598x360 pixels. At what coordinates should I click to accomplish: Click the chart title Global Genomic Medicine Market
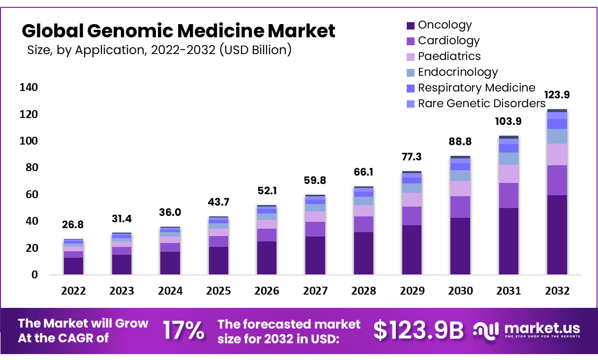click(179, 31)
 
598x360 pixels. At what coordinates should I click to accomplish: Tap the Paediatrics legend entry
click(449, 56)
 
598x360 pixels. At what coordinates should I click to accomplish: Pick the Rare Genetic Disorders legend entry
click(481, 103)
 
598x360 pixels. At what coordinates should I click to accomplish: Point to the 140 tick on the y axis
click(29, 88)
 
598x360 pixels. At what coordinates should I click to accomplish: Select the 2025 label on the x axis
click(218, 291)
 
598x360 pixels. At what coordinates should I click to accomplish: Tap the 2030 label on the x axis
click(460, 291)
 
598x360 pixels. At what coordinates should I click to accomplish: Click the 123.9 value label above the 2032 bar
click(556, 95)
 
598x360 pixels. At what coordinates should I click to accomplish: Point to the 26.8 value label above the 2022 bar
click(73, 224)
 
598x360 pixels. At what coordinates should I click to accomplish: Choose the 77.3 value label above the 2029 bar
click(412, 157)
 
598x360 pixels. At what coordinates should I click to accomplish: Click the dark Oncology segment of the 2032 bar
click(557, 235)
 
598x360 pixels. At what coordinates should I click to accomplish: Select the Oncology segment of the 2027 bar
click(315, 255)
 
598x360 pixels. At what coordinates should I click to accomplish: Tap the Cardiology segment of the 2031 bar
click(508, 196)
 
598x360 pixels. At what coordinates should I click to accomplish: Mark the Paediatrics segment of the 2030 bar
click(460, 189)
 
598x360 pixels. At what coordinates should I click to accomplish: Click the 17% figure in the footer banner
click(183, 330)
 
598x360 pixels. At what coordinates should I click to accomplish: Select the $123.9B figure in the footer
click(419, 330)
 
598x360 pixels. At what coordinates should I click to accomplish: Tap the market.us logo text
click(542, 328)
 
